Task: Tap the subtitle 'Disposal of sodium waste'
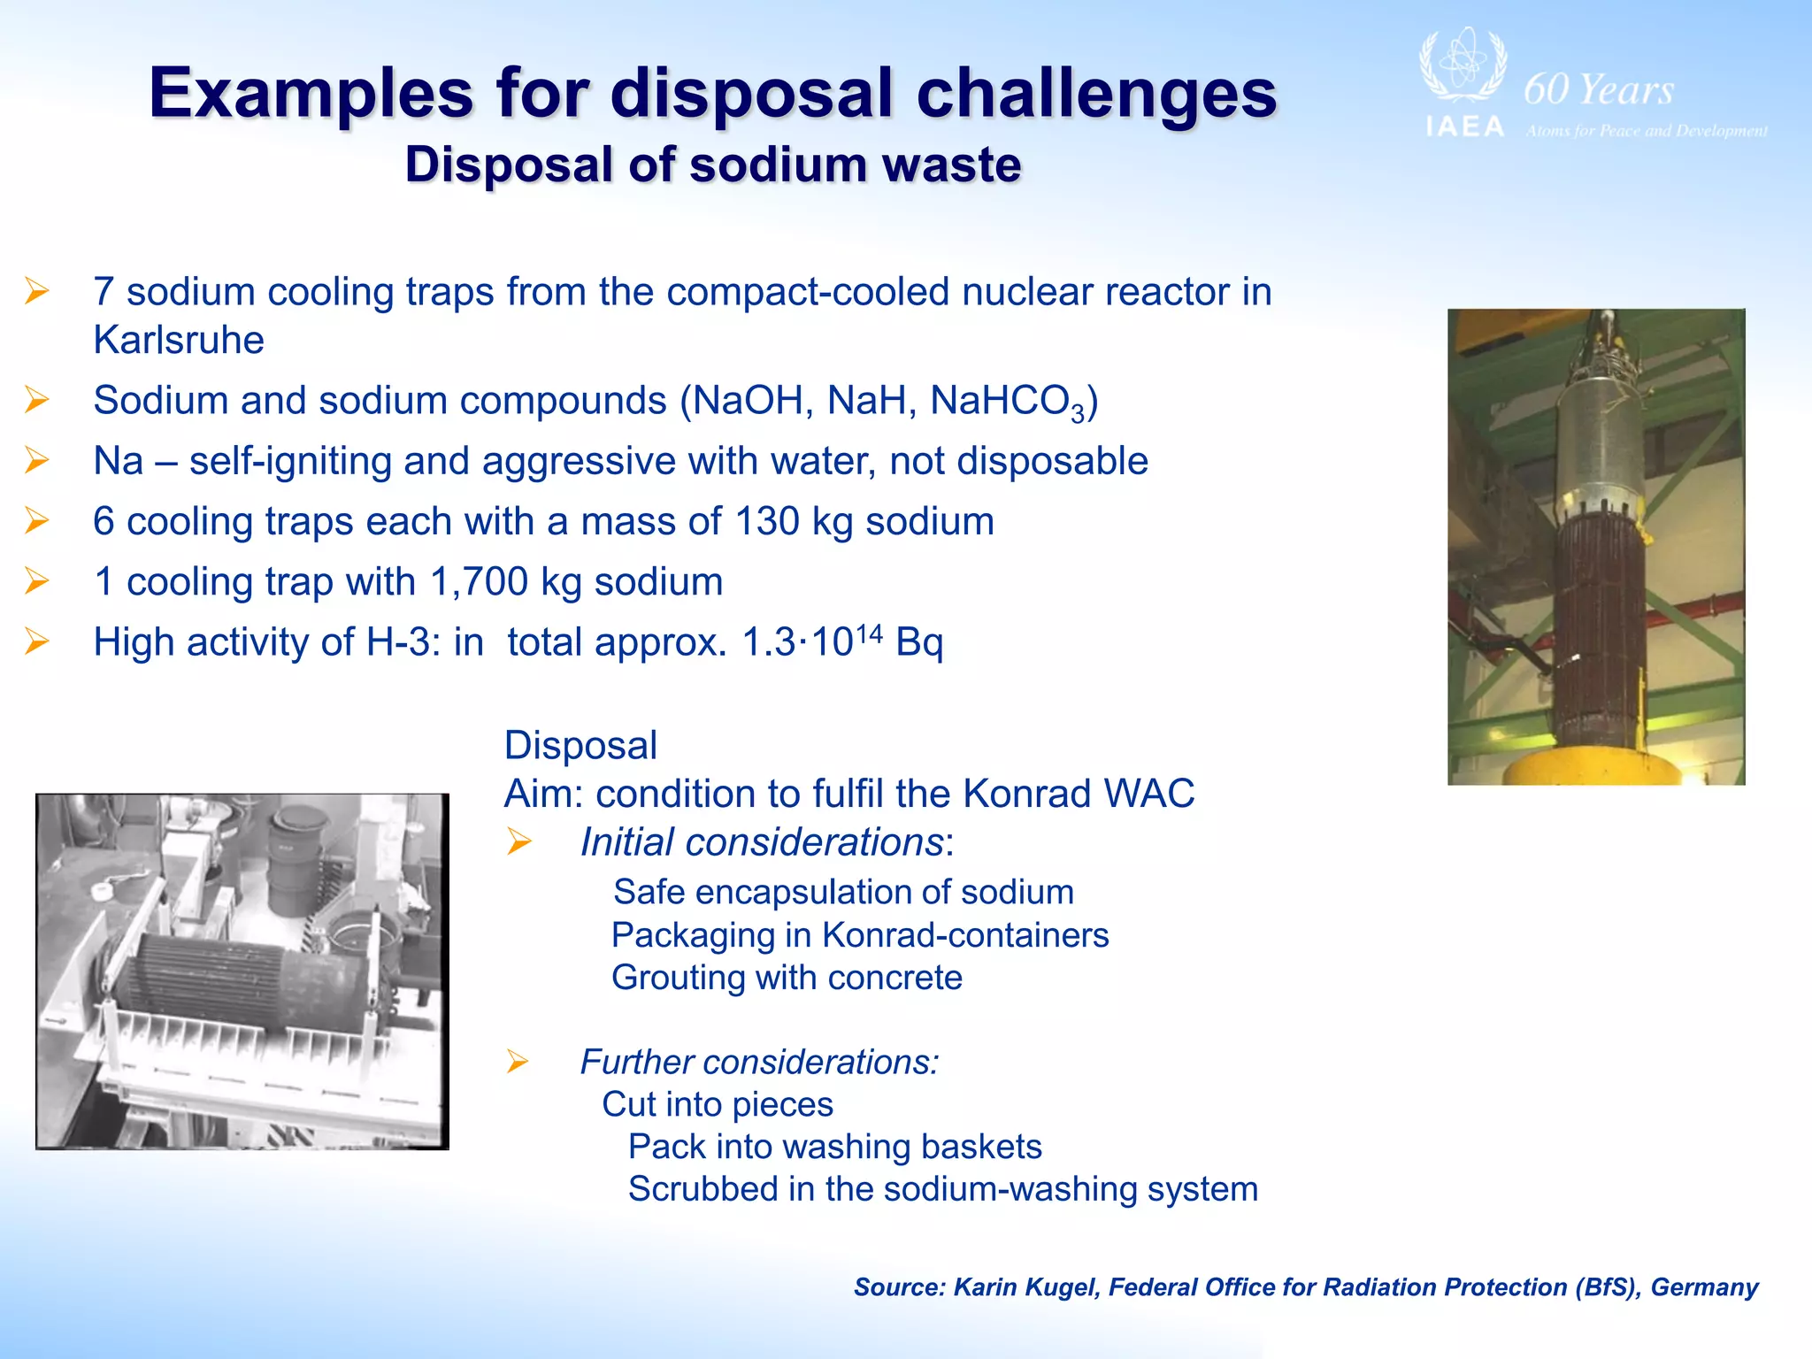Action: (713, 165)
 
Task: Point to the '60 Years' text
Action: (1598, 90)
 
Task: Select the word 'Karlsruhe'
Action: (179, 341)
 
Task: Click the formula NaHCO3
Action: (1007, 402)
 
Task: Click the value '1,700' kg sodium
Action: (479, 582)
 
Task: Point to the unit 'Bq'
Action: (919, 642)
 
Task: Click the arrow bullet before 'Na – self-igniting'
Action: (36, 461)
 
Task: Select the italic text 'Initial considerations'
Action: (762, 842)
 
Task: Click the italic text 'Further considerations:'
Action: (759, 1062)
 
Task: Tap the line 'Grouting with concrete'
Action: (787, 978)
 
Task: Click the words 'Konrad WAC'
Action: (1079, 794)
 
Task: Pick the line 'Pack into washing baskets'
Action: (834, 1147)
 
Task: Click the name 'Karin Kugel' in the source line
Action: (1026, 1287)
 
